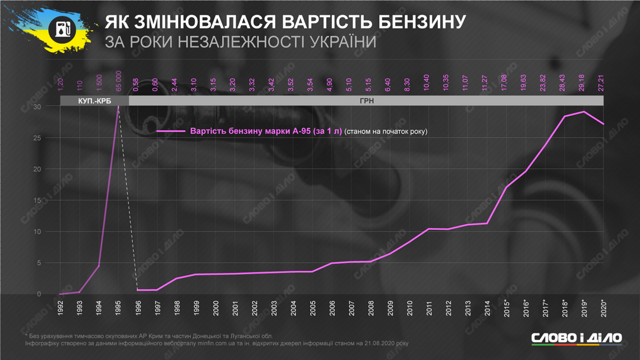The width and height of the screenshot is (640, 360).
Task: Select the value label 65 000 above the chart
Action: [118, 81]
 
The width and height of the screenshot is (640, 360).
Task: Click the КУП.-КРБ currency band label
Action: [94, 101]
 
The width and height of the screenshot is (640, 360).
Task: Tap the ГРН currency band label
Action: [367, 101]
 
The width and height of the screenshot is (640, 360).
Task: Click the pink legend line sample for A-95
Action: [171, 131]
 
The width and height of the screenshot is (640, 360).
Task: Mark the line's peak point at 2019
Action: [584, 112]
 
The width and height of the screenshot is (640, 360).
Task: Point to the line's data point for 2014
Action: [487, 224]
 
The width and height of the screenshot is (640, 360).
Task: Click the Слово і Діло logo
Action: [577, 338]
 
